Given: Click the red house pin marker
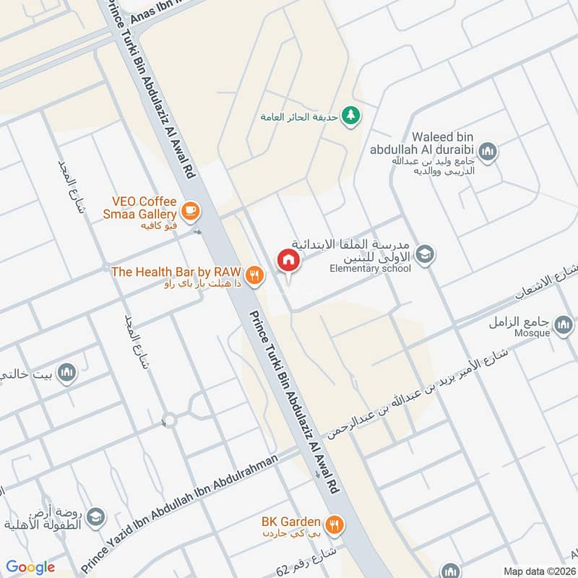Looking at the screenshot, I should point(288,260).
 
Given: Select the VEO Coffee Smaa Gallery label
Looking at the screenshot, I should point(144,208).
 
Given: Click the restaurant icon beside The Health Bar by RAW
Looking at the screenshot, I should point(253,273).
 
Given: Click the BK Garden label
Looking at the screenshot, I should point(290,520).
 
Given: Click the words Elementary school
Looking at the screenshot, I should point(370,269).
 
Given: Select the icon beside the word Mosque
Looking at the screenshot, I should point(564,327).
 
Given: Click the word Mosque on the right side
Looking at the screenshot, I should point(534,334).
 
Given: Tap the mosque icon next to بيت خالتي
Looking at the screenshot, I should point(67,372).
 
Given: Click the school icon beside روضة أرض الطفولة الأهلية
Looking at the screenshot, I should point(95,517).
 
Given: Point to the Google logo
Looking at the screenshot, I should point(30,567).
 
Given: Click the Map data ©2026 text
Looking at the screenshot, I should point(538,571).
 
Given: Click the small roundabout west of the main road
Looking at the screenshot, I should point(169,419).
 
